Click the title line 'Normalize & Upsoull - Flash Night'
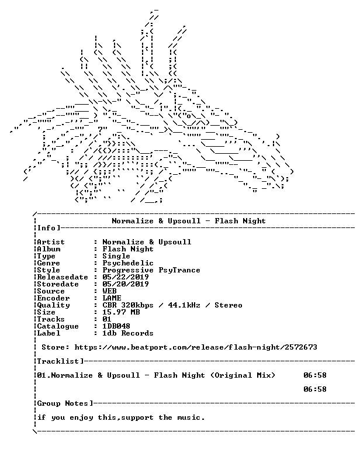click(189, 221)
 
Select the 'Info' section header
click(46, 228)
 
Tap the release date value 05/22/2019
click(126, 277)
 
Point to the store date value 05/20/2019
click(126, 284)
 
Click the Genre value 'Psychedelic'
click(128, 263)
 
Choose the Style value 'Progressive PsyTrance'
click(151, 270)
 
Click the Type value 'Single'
click(116, 256)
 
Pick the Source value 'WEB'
click(109, 291)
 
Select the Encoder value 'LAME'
click(112, 298)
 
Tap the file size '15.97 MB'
click(121, 312)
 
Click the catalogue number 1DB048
click(116, 326)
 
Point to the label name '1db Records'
click(128, 333)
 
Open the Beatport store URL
click(196, 347)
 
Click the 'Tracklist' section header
click(58, 361)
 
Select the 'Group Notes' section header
click(63, 403)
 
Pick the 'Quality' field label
click(54, 305)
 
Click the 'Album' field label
click(49, 249)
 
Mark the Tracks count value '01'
click(107, 319)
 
